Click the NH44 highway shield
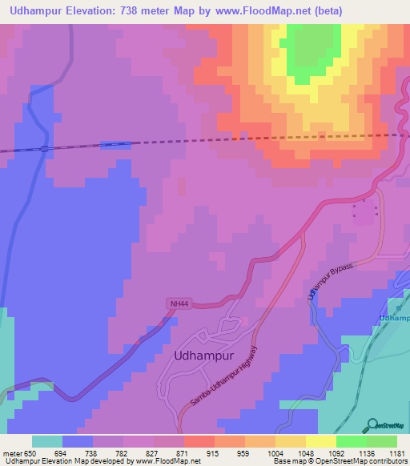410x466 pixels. coord(179,303)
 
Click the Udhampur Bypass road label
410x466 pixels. coord(330,282)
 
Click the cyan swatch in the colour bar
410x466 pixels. coord(47,441)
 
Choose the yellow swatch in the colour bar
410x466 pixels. coord(320,441)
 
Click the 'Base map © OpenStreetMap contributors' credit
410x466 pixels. coord(339,461)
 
